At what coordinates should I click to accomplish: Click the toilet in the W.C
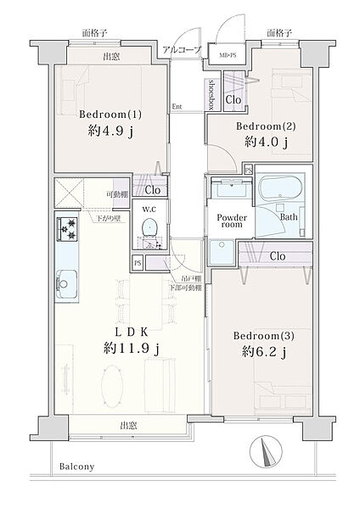point(149,227)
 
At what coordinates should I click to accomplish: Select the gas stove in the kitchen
point(66,230)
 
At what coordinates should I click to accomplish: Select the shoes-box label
point(211,92)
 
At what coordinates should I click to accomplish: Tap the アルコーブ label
point(183,50)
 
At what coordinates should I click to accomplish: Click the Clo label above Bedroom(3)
point(277,255)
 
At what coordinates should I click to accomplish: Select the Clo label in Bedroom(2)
point(233,100)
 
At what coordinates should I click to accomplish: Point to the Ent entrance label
point(177,106)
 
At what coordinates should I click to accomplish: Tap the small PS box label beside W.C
point(138,264)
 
